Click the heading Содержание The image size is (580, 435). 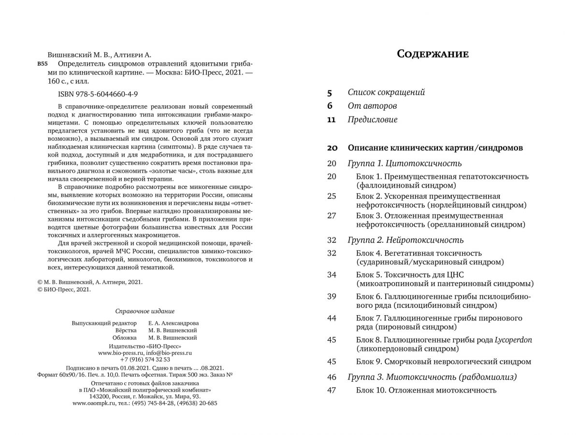[433, 54]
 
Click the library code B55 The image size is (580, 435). [43, 64]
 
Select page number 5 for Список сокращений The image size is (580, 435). [330, 92]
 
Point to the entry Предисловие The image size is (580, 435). [373, 119]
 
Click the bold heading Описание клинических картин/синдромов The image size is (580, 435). [435, 147]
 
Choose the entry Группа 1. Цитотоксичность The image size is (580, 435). [405, 163]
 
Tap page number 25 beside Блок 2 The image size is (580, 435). [331, 196]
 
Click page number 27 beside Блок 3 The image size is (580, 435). [331, 216]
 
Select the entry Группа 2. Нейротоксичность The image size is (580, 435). [406, 240]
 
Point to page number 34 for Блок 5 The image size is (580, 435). [331, 275]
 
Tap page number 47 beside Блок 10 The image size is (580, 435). [331, 391]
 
